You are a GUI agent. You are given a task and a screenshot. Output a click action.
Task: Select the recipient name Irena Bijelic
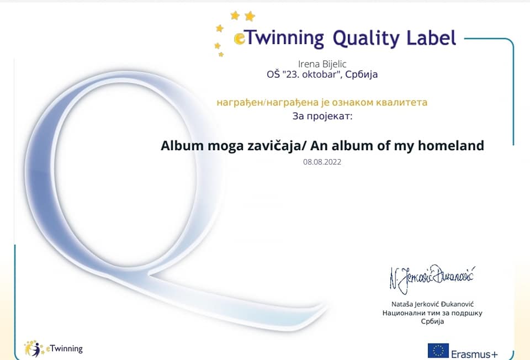[x=322, y=64]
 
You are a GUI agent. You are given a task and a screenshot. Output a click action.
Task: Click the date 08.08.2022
[x=322, y=162]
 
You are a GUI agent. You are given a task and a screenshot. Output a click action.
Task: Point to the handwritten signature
[x=432, y=278]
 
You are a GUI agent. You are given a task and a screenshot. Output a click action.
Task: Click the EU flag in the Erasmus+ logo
[x=438, y=351]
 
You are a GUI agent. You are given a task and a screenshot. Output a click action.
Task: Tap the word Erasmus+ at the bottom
[x=475, y=354]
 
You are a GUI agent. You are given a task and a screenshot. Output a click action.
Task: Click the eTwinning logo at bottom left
[x=53, y=348]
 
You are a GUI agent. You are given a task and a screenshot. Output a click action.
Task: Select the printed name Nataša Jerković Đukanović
[x=432, y=304]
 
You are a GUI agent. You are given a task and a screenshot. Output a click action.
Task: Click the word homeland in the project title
[x=451, y=146]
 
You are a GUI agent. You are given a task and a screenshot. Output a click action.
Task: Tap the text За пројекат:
[x=322, y=117]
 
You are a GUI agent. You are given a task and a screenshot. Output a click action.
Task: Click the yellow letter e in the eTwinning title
[x=239, y=39]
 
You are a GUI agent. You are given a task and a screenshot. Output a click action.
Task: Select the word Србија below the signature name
[x=432, y=321]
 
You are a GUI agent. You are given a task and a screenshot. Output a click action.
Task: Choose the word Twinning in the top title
[x=284, y=38]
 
